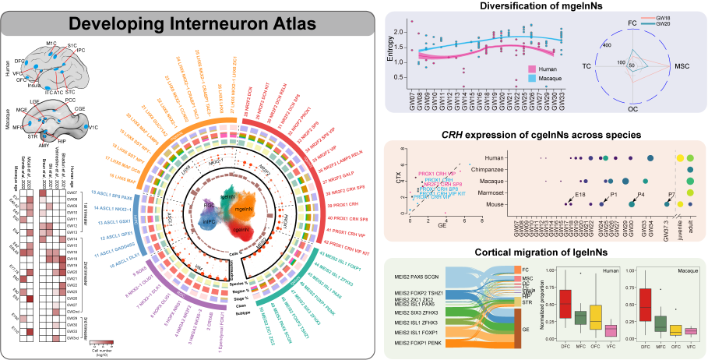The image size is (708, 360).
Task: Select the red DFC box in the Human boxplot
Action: (565, 299)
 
